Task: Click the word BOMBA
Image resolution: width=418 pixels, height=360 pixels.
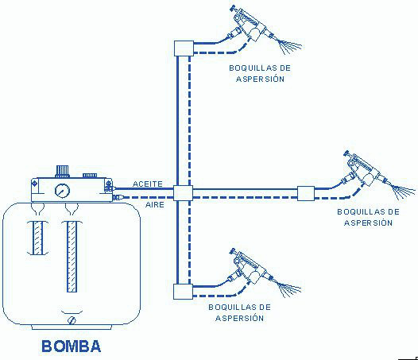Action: pos(72,346)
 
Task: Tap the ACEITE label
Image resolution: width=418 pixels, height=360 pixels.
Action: pos(148,184)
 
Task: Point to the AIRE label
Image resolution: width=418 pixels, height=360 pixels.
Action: pos(155,205)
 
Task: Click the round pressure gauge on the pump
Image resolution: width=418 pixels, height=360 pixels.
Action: pos(62,191)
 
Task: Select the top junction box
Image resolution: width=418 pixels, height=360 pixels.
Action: pos(184,48)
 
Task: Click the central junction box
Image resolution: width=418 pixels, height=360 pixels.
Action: pos(183,193)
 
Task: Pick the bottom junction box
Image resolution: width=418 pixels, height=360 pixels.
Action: pos(183,292)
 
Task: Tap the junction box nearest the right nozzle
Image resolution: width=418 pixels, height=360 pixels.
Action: pos(306,193)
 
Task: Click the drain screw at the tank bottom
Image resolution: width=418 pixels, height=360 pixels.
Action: pos(72,320)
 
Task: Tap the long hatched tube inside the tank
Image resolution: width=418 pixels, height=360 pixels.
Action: pos(72,257)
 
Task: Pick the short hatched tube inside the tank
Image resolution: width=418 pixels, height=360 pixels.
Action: pos(37,238)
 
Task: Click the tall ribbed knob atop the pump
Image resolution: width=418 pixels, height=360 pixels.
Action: pos(62,171)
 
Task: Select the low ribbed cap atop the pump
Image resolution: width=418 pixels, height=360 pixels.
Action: pos(90,176)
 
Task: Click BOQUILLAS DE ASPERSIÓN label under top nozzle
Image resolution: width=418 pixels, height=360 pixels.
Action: pos(260,73)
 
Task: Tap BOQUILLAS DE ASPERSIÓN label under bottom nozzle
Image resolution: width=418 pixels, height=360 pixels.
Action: pos(239,312)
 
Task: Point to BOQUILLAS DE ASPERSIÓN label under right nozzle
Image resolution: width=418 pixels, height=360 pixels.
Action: pos(369,217)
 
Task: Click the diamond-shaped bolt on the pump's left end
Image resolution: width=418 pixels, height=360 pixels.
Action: pos(35,184)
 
